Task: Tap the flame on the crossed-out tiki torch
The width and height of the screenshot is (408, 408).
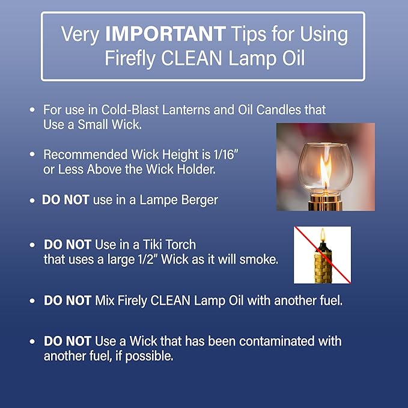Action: click(x=322, y=235)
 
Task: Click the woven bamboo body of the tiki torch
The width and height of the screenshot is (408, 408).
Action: click(x=323, y=264)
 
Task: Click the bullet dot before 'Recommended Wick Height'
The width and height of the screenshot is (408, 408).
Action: click(x=32, y=154)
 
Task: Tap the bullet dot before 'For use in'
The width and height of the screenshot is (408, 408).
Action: click(x=32, y=111)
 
